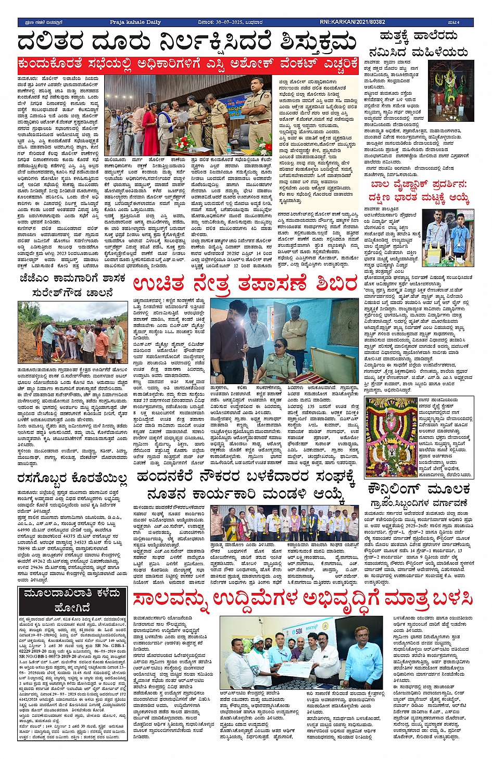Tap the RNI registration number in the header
pos(352,22)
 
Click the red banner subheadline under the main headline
pos(188,64)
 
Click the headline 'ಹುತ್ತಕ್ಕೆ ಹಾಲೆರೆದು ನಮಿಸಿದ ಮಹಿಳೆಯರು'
pos(418,44)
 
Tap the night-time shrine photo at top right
pos(451,83)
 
